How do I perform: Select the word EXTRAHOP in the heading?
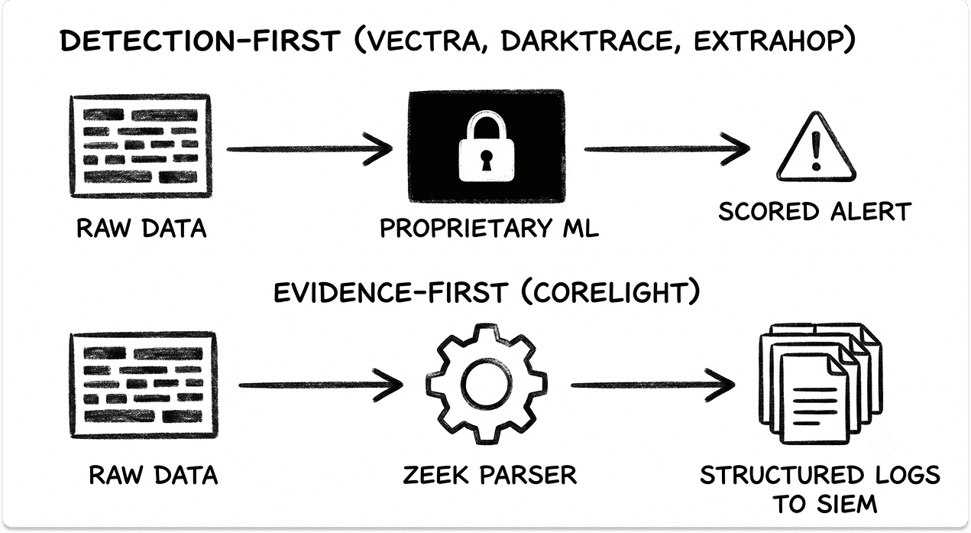tap(768, 41)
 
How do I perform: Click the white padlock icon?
tap(487, 146)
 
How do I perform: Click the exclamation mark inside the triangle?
tap(816, 150)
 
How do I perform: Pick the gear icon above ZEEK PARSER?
tap(487, 384)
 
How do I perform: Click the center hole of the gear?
tap(487, 384)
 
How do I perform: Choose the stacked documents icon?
tap(820, 384)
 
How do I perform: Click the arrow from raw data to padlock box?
tap(309, 149)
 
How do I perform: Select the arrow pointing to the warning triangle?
tap(667, 149)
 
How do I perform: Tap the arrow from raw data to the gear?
tap(321, 385)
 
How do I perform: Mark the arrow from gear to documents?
tap(653, 385)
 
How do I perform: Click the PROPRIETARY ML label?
tap(490, 228)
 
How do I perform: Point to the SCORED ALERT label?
tap(815, 212)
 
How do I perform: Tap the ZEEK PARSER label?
tap(490, 475)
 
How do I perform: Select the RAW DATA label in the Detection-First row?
tap(141, 229)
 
